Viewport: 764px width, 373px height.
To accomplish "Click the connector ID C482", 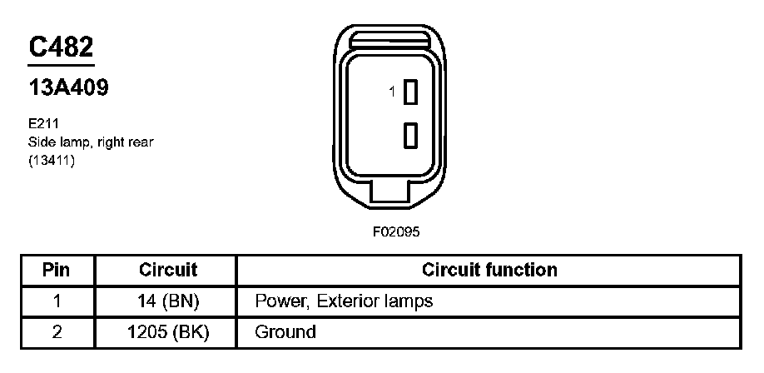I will click(x=61, y=47).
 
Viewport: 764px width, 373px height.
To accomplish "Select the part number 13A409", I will click(x=68, y=87).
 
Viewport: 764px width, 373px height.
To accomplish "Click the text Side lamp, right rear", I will click(x=91, y=142).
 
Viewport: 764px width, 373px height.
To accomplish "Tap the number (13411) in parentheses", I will click(x=52, y=161).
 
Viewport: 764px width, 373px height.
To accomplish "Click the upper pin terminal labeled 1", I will click(x=409, y=93).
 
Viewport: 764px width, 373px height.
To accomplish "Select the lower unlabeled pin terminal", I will click(x=409, y=134).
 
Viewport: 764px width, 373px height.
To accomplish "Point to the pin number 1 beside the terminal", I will click(x=393, y=92).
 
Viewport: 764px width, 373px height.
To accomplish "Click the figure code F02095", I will click(x=397, y=232).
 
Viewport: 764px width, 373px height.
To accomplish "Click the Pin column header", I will click(x=57, y=270).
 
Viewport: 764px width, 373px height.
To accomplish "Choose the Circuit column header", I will click(x=167, y=270).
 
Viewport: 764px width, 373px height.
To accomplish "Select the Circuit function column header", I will click(x=489, y=270).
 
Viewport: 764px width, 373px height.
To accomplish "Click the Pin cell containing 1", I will click(x=57, y=301).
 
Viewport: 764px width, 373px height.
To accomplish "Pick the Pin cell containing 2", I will click(x=57, y=332).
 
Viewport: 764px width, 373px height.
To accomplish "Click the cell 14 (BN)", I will click(x=167, y=301).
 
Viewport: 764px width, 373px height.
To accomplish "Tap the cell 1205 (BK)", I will click(x=167, y=332).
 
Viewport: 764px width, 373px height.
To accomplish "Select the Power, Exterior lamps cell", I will click(x=344, y=301).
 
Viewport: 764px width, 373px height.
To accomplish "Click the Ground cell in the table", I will click(x=285, y=332).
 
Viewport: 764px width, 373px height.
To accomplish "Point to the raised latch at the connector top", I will click(x=388, y=42).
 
